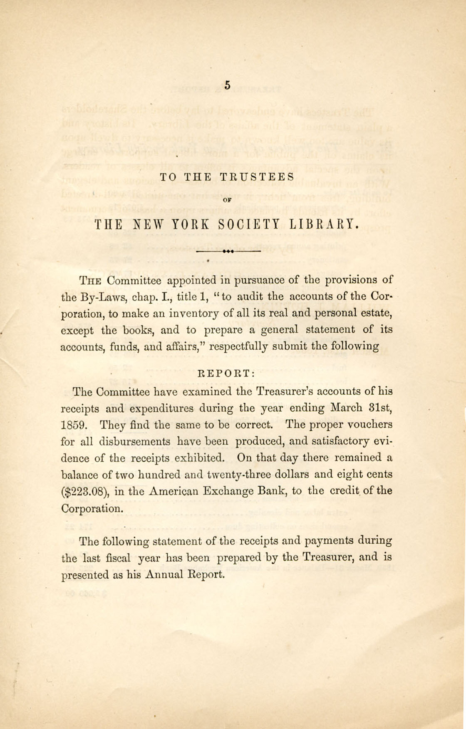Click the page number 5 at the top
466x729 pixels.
pyautogui.click(x=227, y=85)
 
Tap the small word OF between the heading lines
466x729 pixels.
pyautogui.click(x=227, y=200)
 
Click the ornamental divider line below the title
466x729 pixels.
pyautogui.click(x=228, y=251)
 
